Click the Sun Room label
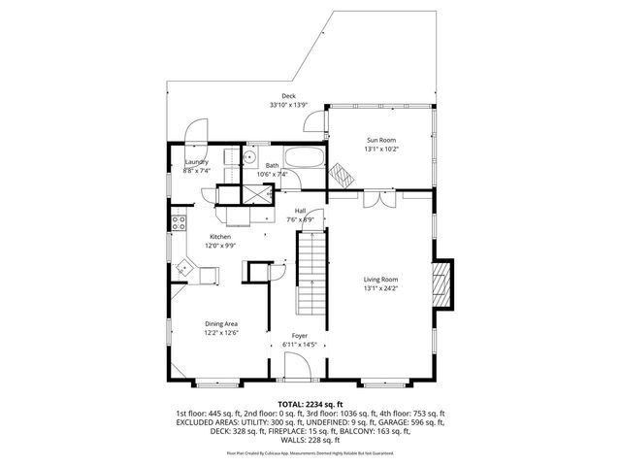point(380,140)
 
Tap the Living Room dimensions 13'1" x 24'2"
point(380,288)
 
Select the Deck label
point(288,95)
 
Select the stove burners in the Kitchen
point(178,221)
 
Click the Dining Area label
point(221,323)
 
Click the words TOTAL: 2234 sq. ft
point(310,403)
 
